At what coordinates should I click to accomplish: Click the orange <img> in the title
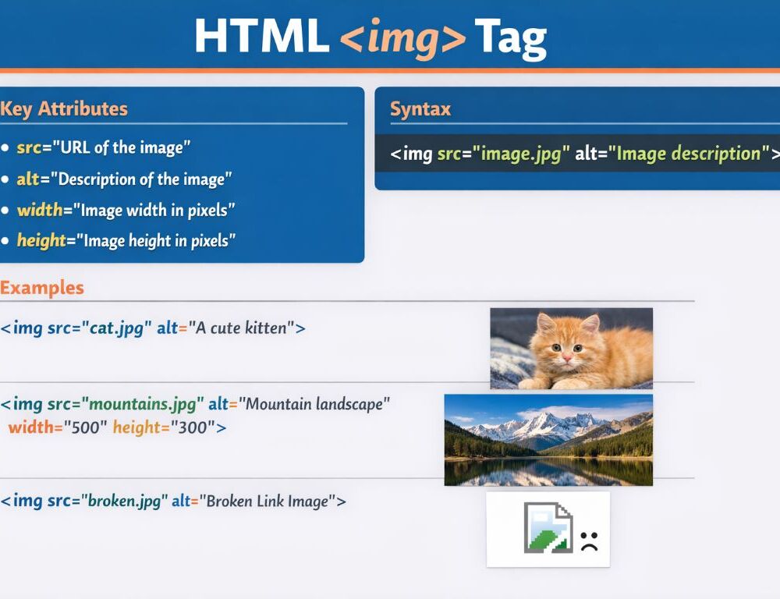[x=402, y=37]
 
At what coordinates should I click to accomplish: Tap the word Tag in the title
[x=510, y=37]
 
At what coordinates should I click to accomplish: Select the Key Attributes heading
[x=64, y=108]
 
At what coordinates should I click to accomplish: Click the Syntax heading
[x=420, y=109]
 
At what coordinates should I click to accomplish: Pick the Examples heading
[x=42, y=288]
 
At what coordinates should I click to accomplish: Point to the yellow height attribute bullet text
[x=41, y=240]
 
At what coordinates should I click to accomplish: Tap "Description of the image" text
[x=140, y=179]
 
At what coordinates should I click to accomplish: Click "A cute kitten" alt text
[x=241, y=328]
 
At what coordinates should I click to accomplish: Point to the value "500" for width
[x=84, y=427]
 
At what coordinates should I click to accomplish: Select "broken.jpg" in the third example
[x=124, y=502]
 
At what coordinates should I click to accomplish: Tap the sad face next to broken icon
[x=589, y=541]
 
